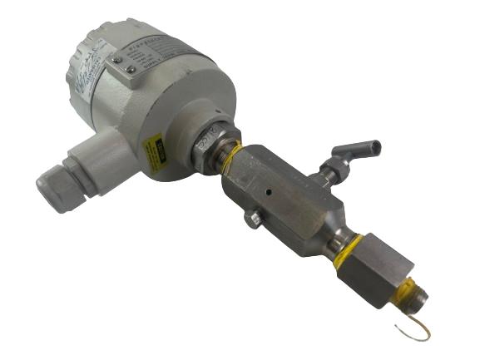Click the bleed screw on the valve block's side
pyautogui.click(x=253, y=219)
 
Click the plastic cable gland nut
pyautogui.click(x=57, y=187)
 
